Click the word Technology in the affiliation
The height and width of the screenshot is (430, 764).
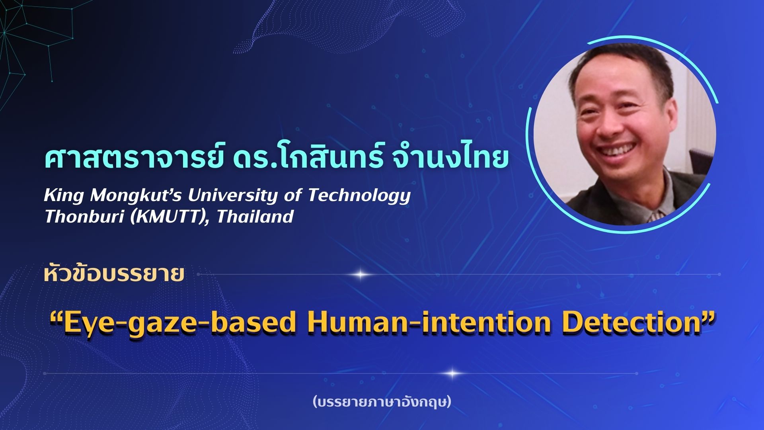359,196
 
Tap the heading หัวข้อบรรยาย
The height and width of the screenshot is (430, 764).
114,274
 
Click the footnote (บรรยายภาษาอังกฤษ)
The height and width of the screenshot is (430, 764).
382,402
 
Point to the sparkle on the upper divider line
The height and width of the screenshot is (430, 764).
361,274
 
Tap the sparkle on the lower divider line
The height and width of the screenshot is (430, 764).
452,373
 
